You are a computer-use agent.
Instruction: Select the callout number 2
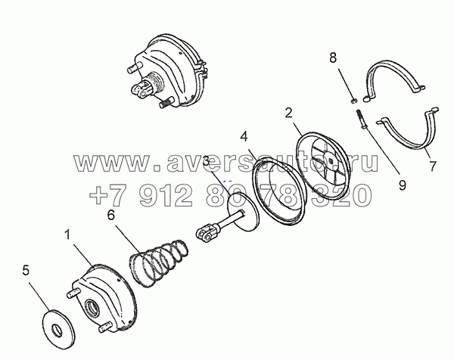(289, 115)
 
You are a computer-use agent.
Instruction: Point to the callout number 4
(244, 138)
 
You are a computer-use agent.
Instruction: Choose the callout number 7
(433, 164)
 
